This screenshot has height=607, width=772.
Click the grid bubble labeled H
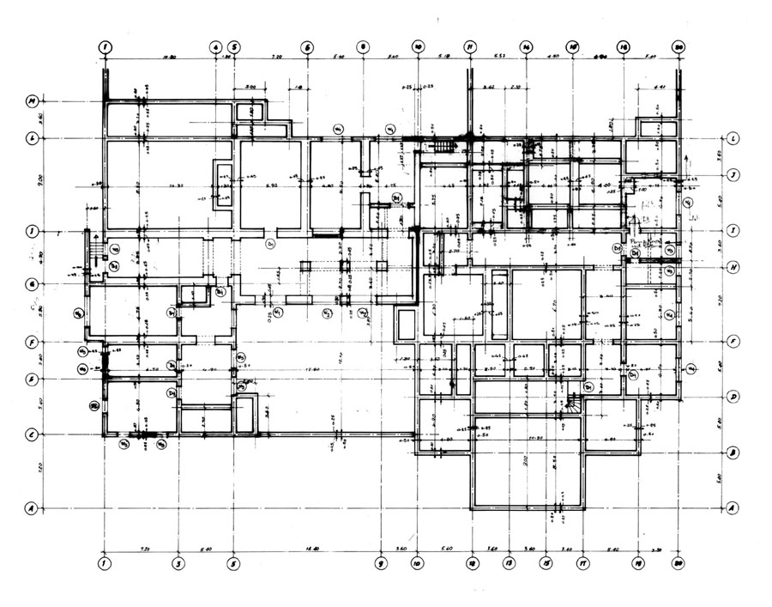[x=734, y=267]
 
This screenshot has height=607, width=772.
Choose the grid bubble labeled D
[x=734, y=397]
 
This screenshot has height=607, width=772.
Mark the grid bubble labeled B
[x=734, y=452]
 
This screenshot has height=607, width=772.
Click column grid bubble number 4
[x=215, y=47]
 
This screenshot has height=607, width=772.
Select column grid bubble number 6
[x=306, y=47]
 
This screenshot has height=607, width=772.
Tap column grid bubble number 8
[x=363, y=47]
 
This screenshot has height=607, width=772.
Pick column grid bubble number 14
[x=527, y=47]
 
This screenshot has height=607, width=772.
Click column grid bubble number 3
[x=178, y=564]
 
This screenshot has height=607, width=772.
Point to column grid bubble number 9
[x=381, y=564]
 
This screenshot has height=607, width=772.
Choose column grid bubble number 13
[x=509, y=564]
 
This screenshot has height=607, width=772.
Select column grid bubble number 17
[x=582, y=564]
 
